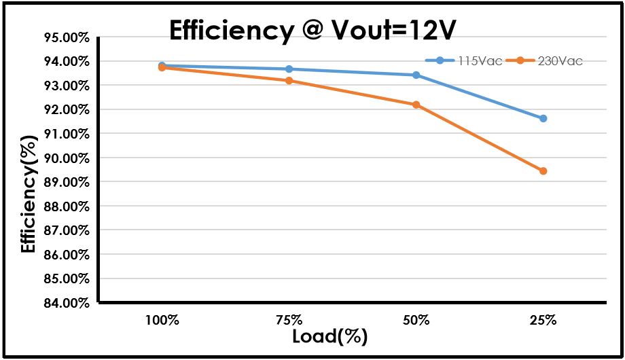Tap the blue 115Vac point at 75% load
pos(289,69)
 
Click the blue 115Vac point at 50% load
pos(416,75)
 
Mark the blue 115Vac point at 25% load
pos(543,118)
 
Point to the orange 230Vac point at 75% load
pos(289,81)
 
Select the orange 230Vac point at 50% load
pos(416,105)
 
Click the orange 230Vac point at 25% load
pos(543,171)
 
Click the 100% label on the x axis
pos(162,319)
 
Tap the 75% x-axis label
pos(289,319)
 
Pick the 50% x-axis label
pos(416,319)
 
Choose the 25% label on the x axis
pos(543,319)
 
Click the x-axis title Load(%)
pos(329,336)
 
